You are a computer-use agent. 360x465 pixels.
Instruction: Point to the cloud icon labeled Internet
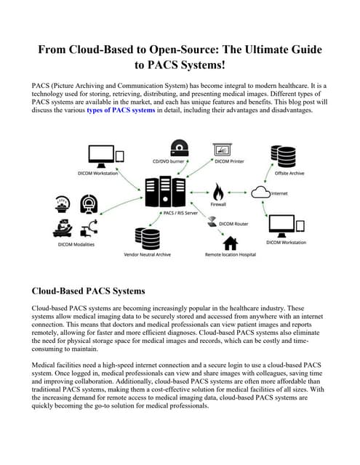(x=260, y=193)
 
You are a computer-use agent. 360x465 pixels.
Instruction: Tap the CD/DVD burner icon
(x=178, y=150)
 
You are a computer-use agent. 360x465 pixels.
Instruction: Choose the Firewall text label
(x=218, y=206)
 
